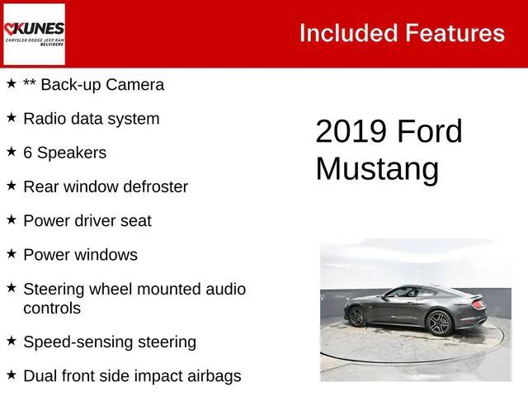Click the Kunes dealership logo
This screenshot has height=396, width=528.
click(x=34, y=34)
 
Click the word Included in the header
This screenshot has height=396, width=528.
click(x=347, y=33)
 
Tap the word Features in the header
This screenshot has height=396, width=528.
click(x=455, y=33)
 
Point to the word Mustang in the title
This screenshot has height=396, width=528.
click(x=376, y=168)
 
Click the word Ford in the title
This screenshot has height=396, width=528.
click(x=430, y=132)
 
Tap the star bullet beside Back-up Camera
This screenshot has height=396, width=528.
click(x=12, y=83)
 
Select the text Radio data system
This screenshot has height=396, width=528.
click(x=91, y=119)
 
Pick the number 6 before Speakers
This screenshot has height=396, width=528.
click(x=28, y=153)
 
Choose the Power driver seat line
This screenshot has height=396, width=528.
click(x=87, y=221)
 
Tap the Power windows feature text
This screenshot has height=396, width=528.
click(x=80, y=255)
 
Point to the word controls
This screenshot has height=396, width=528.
click(x=52, y=309)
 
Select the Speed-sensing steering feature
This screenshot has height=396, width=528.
click(x=109, y=342)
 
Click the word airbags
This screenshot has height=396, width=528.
click(x=212, y=376)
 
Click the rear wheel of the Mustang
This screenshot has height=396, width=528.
click(x=439, y=323)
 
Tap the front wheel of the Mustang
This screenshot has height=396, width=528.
click(x=356, y=316)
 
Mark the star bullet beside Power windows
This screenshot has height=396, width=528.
click(x=12, y=253)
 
